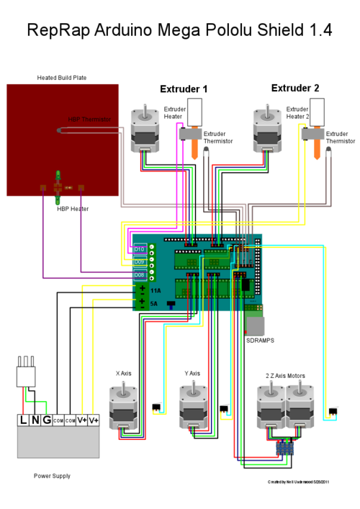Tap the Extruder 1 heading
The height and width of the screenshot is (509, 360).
pos(184,89)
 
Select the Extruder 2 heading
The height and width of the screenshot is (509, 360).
pos(295,88)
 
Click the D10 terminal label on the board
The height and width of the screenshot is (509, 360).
pos(139,249)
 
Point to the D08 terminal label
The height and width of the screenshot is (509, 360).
pos(139,274)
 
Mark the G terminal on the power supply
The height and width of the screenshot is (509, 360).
pos(45,420)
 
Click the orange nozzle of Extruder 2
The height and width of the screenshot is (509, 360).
pos(315,148)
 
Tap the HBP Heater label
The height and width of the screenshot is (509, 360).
pos(73,209)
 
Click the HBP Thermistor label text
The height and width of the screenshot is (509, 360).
pos(90,120)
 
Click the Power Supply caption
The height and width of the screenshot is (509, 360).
pos(52,476)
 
